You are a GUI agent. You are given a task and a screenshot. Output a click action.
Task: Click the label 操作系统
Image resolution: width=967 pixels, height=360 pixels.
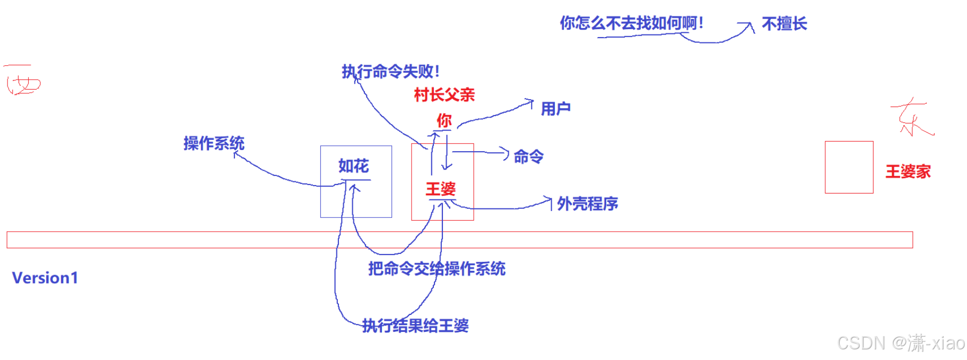(214, 143)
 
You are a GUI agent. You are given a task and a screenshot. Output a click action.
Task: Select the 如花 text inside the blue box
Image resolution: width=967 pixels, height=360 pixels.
(353, 166)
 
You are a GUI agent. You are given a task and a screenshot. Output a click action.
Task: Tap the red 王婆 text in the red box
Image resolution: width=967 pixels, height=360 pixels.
(441, 189)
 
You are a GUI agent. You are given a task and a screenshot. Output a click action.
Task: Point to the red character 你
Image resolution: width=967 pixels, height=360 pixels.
(444, 120)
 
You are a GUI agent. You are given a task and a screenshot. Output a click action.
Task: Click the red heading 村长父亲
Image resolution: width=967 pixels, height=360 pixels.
(444, 95)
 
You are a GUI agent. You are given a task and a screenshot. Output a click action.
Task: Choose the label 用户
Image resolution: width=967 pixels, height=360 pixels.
(555, 109)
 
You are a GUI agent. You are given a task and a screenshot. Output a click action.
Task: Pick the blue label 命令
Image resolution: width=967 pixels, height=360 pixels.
(528, 156)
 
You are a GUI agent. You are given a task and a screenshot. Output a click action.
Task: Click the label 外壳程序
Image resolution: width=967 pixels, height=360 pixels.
(587, 204)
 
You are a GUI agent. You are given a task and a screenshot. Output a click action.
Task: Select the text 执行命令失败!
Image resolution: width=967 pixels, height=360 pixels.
(391, 71)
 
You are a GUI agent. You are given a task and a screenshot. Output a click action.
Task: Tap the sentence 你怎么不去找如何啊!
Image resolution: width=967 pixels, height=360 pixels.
(631, 23)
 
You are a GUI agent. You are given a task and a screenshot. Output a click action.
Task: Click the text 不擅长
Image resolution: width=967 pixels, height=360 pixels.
(784, 24)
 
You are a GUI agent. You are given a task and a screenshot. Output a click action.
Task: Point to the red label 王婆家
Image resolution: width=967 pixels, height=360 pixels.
(908, 171)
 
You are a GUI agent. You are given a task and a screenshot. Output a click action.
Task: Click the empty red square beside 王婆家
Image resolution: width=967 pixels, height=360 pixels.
(849, 167)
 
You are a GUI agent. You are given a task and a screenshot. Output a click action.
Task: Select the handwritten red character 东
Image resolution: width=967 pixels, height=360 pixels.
(911, 117)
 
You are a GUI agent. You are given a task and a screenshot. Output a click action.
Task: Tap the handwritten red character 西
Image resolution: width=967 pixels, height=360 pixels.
(22, 81)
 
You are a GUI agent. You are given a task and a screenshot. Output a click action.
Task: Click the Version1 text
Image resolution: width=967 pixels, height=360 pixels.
(45, 278)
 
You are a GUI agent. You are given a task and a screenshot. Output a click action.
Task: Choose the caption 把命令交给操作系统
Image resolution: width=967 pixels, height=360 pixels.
(437, 269)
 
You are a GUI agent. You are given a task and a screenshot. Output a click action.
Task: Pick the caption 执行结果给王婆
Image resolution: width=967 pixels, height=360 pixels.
(415, 326)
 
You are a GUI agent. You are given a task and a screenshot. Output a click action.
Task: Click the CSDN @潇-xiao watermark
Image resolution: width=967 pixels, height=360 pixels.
(901, 343)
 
